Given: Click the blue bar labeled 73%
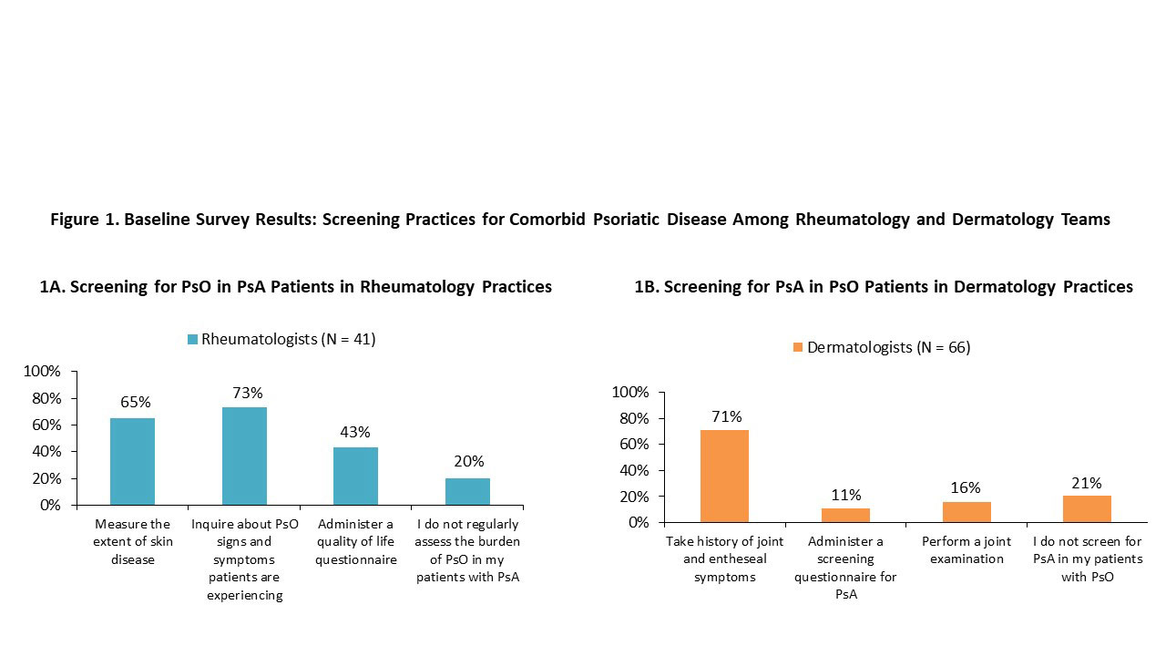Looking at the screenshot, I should [x=244, y=456].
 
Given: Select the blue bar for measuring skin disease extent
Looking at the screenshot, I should [x=132, y=461].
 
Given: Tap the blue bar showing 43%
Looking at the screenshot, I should [x=355, y=476].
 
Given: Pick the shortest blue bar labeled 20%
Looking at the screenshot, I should [x=467, y=491].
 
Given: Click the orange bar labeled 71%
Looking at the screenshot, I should [x=724, y=476].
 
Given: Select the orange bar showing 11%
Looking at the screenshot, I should [x=845, y=515].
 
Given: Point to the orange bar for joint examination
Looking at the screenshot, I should [x=967, y=512].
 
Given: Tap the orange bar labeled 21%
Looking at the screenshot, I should [x=1087, y=508].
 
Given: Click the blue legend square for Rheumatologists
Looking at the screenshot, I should [x=192, y=340].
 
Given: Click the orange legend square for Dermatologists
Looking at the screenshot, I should [x=798, y=348].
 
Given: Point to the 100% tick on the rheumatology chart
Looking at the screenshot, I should [x=42, y=372].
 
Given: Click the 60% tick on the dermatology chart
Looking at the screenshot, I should [x=631, y=445].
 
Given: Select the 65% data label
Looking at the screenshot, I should [x=135, y=402].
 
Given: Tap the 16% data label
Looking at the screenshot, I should [x=967, y=487].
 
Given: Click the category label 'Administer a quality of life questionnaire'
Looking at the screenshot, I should [x=356, y=542].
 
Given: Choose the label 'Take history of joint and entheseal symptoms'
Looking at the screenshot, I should [x=724, y=559].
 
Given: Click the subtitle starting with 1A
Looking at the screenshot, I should [x=296, y=287].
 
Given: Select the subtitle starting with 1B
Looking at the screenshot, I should [x=884, y=287].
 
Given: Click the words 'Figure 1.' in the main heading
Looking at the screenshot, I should [x=84, y=220].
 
